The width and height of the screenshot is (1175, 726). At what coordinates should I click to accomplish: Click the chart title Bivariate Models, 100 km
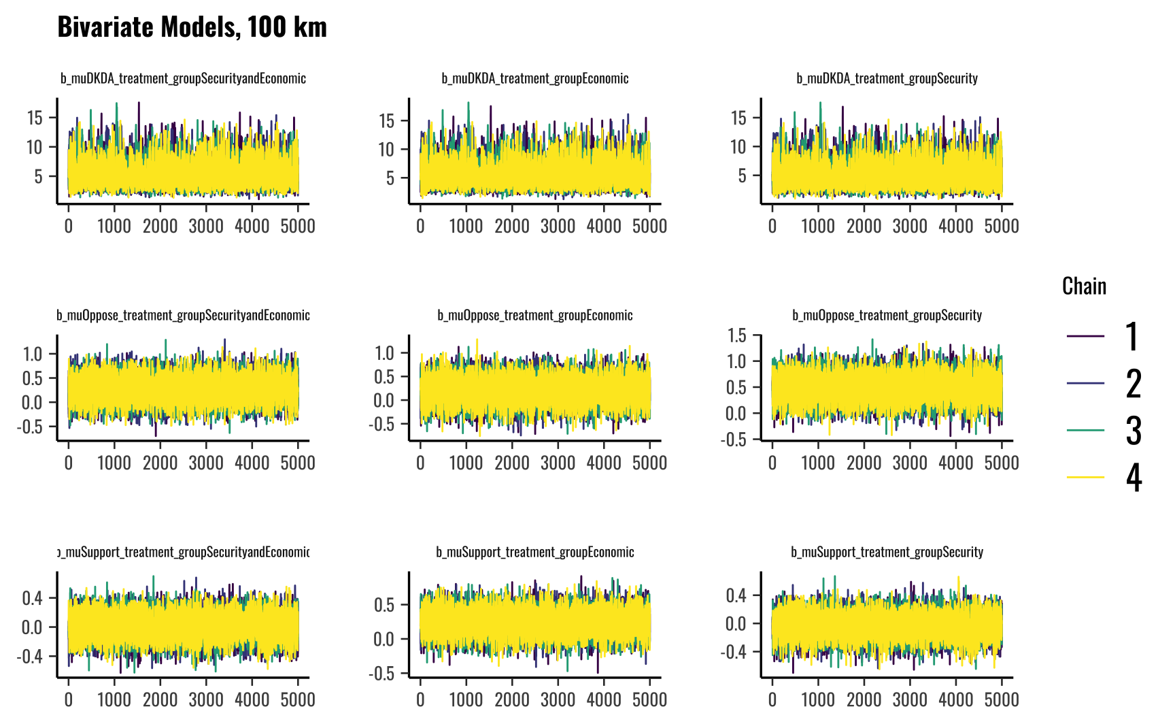point(192,27)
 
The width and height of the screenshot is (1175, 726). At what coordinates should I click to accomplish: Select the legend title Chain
point(1084,286)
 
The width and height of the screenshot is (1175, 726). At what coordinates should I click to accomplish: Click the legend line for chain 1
point(1085,336)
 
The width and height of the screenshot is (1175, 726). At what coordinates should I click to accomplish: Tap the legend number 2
point(1133,384)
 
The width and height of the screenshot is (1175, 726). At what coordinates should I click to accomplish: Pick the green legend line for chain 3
point(1085,430)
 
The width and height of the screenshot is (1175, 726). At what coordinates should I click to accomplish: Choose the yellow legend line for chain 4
point(1085,477)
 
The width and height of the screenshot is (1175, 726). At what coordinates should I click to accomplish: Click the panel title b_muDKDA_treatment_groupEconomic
point(535,78)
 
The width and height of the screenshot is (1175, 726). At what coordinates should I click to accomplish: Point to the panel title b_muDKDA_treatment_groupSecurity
point(887,78)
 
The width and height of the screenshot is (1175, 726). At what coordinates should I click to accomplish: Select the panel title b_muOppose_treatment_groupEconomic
point(535,315)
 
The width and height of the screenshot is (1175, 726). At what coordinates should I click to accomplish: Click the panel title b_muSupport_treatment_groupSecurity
point(887,552)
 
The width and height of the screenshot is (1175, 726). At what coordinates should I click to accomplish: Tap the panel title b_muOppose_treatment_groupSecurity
point(887,315)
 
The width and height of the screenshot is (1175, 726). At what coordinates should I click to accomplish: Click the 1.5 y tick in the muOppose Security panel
point(736,335)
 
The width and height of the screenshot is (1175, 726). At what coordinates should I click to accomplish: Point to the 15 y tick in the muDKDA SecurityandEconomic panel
point(35,118)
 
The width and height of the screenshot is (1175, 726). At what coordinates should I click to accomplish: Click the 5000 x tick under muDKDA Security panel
point(1002,226)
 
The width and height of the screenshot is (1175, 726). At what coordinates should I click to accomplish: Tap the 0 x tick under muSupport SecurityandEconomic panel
point(68,699)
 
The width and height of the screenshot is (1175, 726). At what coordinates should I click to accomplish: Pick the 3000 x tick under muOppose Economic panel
point(558,463)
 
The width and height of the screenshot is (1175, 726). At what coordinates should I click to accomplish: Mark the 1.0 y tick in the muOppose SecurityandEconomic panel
point(33,354)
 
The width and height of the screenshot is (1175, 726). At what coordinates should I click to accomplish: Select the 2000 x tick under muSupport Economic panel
point(511,699)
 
